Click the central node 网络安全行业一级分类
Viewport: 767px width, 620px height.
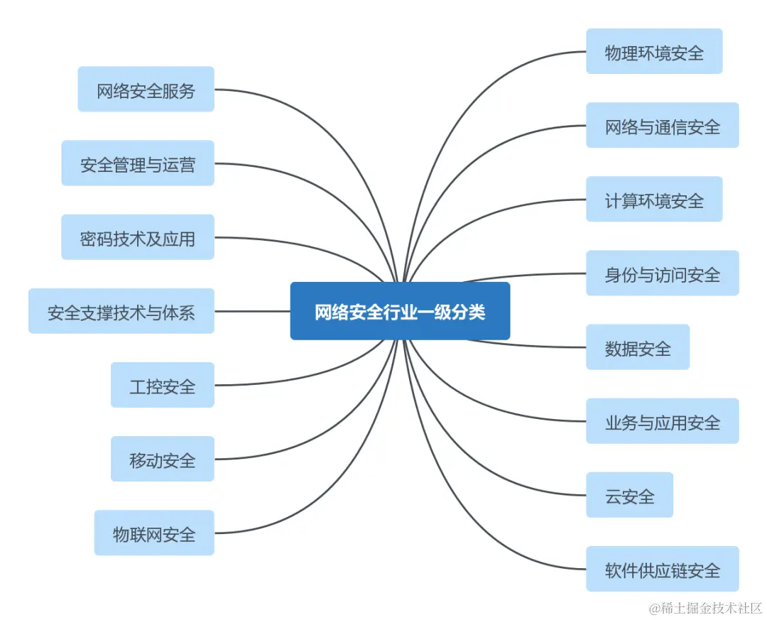(x=400, y=311)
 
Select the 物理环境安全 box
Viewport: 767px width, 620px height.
(x=654, y=51)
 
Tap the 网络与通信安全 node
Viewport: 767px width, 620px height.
(x=662, y=126)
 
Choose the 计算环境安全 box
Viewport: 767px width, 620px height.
(x=654, y=200)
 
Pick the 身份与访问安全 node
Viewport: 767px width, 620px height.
(x=662, y=273)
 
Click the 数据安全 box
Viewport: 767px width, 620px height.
(x=637, y=347)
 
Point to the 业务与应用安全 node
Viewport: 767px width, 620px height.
(x=662, y=421)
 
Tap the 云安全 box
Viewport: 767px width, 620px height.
(x=629, y=495)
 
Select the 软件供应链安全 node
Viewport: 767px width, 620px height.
(x=662, y=569)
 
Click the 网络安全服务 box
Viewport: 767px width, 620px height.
(x=146, y=89)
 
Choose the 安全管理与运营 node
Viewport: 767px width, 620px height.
(x=137, y=163)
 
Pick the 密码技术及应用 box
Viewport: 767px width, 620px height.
(x=137, y=237)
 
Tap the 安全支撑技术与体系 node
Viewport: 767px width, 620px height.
(x=121, y=311)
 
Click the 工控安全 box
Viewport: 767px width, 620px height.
(x=162, y=385)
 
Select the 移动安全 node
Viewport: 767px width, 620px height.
(x=162, y=459)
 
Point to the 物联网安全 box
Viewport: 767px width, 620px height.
(x=153, y=533)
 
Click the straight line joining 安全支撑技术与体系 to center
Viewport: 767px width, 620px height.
(x=252, y=311)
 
